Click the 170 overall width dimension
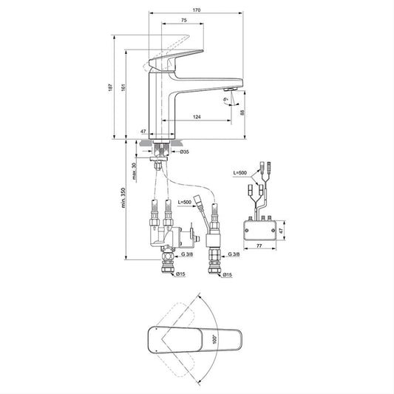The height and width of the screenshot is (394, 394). (196, 10)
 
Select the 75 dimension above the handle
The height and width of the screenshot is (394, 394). (184, 20)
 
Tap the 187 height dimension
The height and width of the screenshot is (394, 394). (110, 87)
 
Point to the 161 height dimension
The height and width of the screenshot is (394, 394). (123, 87)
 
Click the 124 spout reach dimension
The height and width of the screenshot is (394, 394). (197, 117)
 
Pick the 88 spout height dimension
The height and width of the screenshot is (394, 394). (242, 112)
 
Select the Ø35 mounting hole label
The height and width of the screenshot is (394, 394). (184, 152)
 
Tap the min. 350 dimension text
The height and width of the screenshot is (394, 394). (123, 197)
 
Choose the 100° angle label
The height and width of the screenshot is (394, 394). (214, 339)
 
